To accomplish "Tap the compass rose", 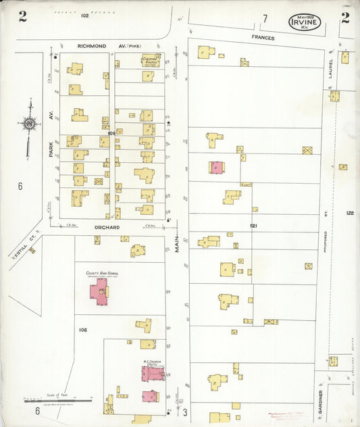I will point(29,124).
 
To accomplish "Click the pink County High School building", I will point(99,293).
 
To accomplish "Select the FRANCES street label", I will point(263,38).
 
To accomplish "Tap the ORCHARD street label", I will point(107,227).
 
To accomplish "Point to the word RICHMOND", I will point(92,46).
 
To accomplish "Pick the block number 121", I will point(254,224).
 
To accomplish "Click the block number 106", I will point(83,330).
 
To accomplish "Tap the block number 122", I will point(349,213).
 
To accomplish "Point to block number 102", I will point(84,15).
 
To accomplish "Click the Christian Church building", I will point(150,61).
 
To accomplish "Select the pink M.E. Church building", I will point(150,374).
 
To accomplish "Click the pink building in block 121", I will point(216,168).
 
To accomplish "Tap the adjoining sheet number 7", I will point(265,18).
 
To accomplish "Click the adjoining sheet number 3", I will point(184,411).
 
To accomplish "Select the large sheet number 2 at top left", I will point(22,17).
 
